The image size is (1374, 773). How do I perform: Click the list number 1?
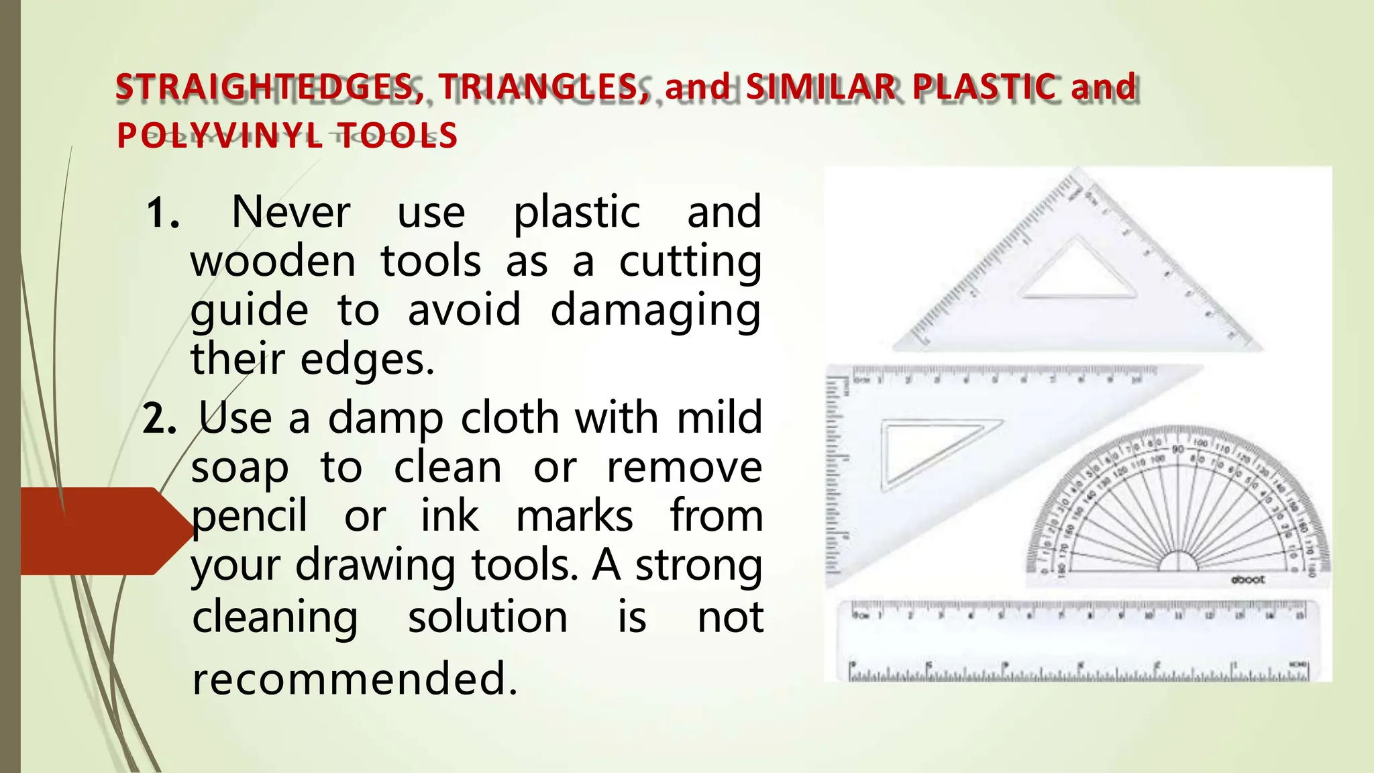pos(162,213)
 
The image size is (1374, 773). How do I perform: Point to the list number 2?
pos(160,419)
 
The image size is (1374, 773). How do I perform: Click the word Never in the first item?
pos(290,212)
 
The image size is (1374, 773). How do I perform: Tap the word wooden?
pos(272,261)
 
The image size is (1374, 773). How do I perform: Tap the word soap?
pos(240,468)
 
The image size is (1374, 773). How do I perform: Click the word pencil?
pos(250,517)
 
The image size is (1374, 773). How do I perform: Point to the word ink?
pos(450,517)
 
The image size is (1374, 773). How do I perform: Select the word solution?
pos(488,617)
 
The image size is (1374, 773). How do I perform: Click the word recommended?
pos(354,678)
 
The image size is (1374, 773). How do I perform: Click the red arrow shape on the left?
pos(101,531)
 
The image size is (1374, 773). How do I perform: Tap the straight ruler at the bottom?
pos(1077,641)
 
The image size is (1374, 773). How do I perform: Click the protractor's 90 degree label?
pos(1178,449)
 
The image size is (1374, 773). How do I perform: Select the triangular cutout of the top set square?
pos(1077,272)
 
